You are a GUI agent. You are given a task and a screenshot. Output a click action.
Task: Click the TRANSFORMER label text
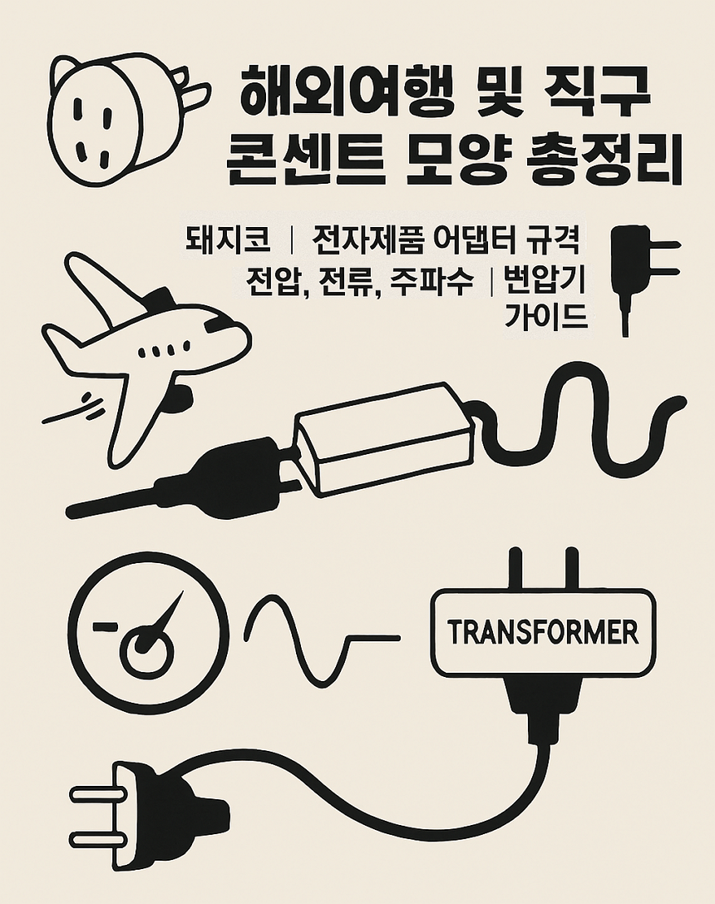tap(543, 633)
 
